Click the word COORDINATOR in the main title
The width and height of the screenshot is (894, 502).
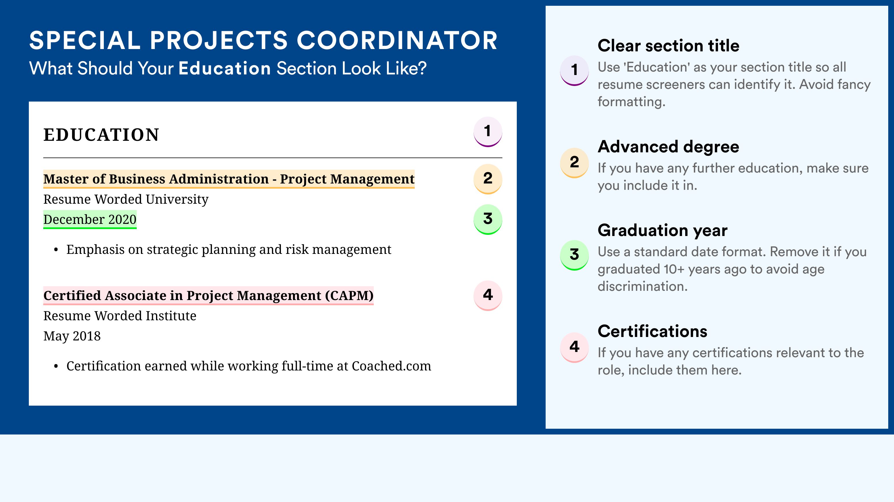coord(397,40)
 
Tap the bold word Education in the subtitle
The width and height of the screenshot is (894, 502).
coord(225,68)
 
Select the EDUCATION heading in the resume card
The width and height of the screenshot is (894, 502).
coord(101,135)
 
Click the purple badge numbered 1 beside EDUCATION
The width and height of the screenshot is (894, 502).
coord(488,132)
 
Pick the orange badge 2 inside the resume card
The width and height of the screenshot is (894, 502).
coord(488,179)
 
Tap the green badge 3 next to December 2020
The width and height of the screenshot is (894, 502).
coord(488,219)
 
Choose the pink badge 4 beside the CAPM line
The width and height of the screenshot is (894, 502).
coord(488,295)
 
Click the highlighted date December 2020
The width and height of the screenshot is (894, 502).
coord(90,219)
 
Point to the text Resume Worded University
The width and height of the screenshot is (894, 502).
coord(126,200)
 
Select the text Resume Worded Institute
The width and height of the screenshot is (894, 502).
coord(120,316)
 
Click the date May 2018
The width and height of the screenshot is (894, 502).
coord(72,336)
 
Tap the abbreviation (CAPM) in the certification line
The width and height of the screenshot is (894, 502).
coord(349,295)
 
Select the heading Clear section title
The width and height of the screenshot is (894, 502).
coord(668,46)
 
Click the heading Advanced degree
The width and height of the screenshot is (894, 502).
coord(668,147)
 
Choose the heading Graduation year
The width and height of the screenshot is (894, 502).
coord(662,230)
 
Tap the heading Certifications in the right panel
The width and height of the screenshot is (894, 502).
coord(652,331)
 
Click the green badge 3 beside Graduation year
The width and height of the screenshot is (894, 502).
coord(574,255)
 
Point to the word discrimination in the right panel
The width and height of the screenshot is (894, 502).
coord(643,286)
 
